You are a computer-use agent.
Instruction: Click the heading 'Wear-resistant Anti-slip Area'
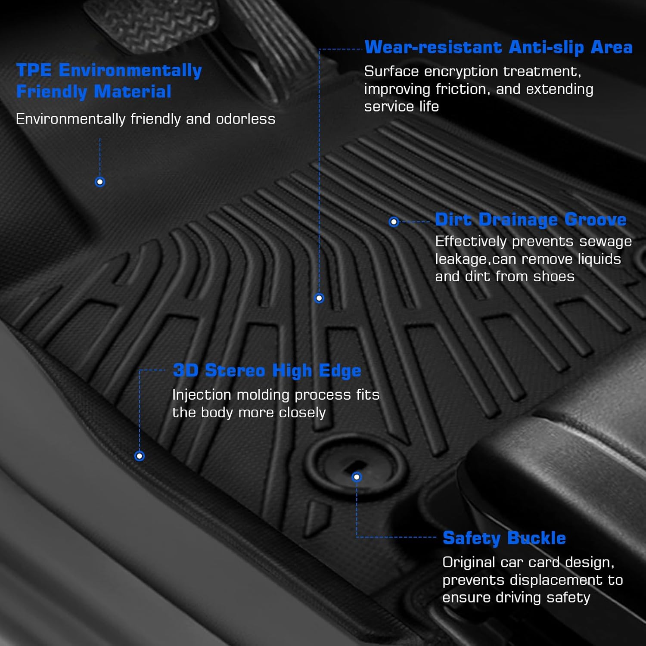tap(499, 47)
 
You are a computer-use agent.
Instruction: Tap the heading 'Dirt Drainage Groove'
tap(531, 220)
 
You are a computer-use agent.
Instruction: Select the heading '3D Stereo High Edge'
tap(267, 371)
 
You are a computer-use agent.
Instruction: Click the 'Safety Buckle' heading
tap(504, 538)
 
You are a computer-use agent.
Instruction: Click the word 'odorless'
tap(245, 119)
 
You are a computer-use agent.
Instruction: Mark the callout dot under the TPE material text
tap(100, 182)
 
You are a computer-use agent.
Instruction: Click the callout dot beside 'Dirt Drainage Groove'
tap(394, 222)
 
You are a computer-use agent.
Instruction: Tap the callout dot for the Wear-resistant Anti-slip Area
tap(319, 298)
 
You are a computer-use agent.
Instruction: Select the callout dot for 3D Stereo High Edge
tap(140, 456)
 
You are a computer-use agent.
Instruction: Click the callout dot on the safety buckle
tap(357, 477)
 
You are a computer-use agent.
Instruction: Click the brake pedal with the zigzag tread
tap(153, 24)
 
